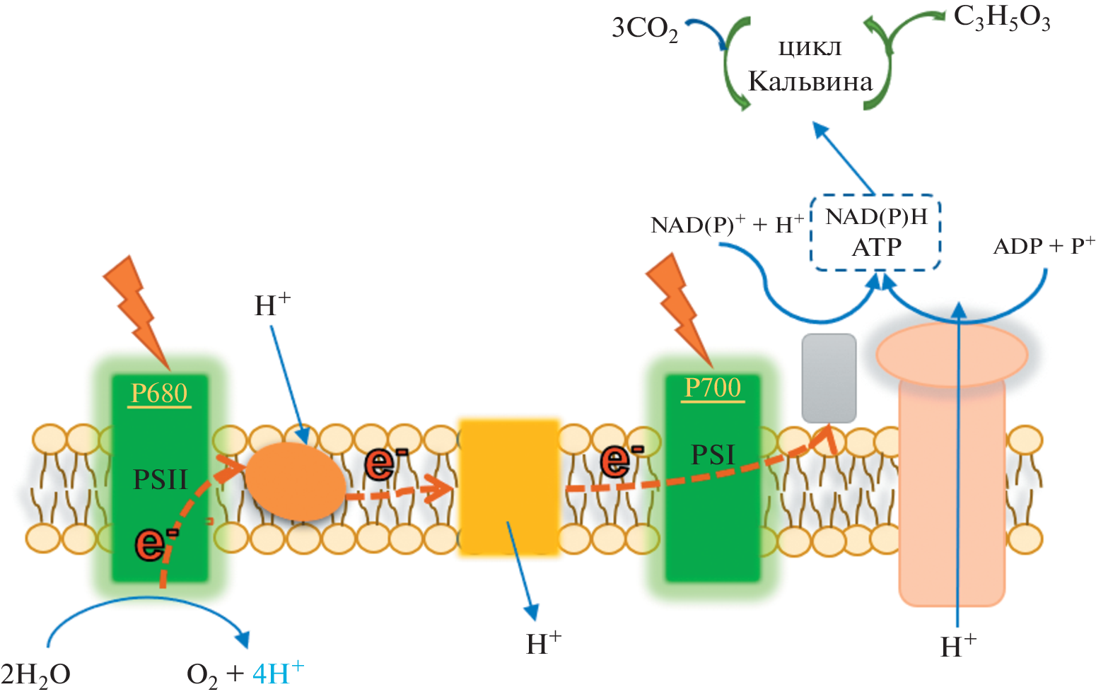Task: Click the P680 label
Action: tap(160, 393)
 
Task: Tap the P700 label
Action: tap(713, 387)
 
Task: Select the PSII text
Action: tap(161, 480)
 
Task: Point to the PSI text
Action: tap(713, 454)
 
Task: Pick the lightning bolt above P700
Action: tap(679, 304)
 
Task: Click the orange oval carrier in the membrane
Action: tap(296, 483)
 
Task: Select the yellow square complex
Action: tap(509, 487)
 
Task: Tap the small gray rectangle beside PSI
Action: tap(829, 377)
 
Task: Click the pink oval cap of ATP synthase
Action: tap(951, 354)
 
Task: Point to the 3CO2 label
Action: tap(644, 29)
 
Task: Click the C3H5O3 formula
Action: tap(1001, 18)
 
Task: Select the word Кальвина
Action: tap(810, 82)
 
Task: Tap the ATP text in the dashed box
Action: tap(876, 247)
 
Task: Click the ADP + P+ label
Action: tap(1044, 246)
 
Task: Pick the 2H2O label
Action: tap(35, 675)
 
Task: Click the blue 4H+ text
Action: tap(278, 673)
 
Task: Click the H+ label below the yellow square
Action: tap(544, 644)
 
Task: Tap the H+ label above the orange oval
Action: tap(272, 305)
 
